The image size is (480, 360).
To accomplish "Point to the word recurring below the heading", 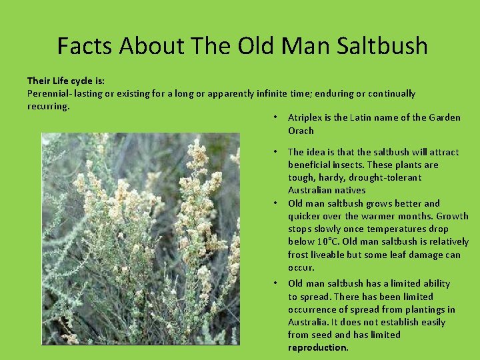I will point(47,106).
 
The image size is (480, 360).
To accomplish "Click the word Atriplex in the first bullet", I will point(304,117).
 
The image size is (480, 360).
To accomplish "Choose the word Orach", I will point(301,131).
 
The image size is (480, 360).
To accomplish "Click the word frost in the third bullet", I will point(299,255).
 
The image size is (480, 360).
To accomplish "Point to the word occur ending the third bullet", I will point(301,267).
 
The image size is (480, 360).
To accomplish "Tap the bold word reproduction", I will point(318,347).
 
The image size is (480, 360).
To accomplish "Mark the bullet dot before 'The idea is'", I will point(275,152).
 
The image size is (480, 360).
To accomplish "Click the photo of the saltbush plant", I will point(141,239).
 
